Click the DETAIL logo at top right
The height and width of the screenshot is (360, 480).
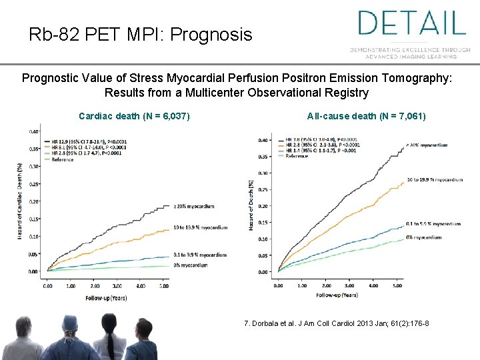(411, 23)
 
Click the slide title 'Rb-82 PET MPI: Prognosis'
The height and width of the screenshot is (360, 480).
(141, 34)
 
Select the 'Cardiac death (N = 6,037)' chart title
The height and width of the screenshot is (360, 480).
(134, 117)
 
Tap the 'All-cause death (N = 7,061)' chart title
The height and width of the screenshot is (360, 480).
(366, 117)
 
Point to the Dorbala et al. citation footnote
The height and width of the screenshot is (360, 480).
(337, 323)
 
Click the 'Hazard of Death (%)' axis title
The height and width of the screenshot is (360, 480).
(251, 205)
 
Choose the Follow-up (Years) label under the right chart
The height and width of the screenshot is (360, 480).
(337, 295)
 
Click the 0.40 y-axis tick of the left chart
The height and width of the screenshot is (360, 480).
(33, 131)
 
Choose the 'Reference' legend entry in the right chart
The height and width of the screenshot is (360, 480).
(297, 155)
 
